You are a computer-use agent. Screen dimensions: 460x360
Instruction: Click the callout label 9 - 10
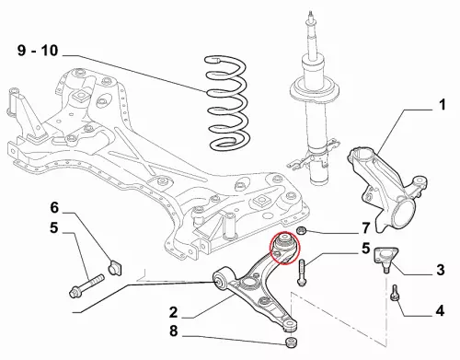pyautogui.click(x=38, y=51)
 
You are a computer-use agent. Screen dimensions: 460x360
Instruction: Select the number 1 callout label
pyautogui.click(x=442, y=105)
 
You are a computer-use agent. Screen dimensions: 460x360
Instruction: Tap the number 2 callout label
pyautogui.click(x=173, y=312)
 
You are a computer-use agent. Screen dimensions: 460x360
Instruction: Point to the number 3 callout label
pyautogui.click(x=441, y=270)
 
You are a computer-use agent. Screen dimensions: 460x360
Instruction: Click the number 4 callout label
pyautogui.click(x=440, y=310)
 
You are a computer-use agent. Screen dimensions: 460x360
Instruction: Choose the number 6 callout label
pyautogui.click(x=54, y=208)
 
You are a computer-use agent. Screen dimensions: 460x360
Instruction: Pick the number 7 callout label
pyautogui.click(x=365, y=228)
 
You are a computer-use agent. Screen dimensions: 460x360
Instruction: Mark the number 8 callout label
pyautogui.click(x=173, y=331)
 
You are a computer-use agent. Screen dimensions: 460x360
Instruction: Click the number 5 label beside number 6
pyautogui.click(x=54, y=228)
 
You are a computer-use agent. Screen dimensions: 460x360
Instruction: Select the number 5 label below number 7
pyautogui.click(x=365, y=249)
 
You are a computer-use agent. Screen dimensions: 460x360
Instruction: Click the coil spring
pyautogui.click(x=227, y=103)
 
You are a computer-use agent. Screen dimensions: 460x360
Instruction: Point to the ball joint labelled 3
pyautogui.click(x=385, y=259)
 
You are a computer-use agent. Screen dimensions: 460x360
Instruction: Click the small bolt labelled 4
pyautogui.click(x=395, y=293)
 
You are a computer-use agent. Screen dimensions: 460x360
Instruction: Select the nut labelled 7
pyautogui.click(x=301, y=230)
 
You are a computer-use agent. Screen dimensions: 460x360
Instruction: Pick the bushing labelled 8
pyautogui.click(x=291, y=342)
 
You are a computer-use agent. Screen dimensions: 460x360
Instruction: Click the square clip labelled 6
pyautogui.click(x=115, y=267)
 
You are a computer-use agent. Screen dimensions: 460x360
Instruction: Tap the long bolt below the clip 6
pyautogui.click(x=87, y=285)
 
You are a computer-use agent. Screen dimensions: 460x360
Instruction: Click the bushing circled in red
pyautogui.click(x=284, y=242)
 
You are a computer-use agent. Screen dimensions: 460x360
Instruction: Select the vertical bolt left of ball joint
pyautogui.click(x=302, y=273)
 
